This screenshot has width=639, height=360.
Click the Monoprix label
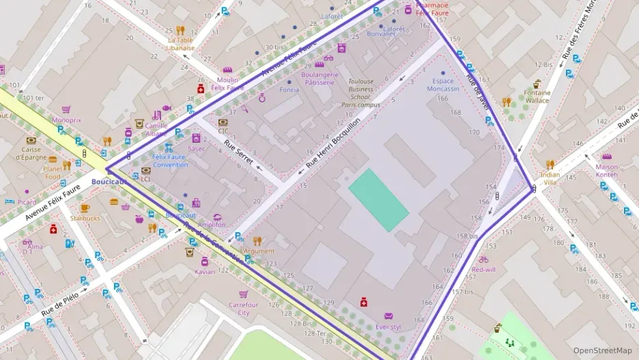pos(66,120)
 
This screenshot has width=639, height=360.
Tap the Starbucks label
pos(85,219)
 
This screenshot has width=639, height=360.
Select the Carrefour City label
pos(244,309)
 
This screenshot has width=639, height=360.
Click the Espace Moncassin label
pos(443,85)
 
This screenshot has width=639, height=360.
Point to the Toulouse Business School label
pos(361,93)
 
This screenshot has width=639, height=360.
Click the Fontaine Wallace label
pos(537,96)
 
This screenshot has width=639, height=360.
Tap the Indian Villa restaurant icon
pos(550,165)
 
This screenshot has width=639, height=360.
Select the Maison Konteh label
pos(606,170)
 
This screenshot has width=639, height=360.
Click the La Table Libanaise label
pos(181,44)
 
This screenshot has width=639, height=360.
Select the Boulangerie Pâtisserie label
pos(318,78)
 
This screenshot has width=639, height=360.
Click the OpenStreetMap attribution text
pos(602,350)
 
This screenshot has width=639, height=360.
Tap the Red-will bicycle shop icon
pos(483,260)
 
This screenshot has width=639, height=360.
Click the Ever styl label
pos(388,327)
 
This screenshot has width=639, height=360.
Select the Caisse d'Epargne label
pos(31,153)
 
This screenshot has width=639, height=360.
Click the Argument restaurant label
pos(259,251)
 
